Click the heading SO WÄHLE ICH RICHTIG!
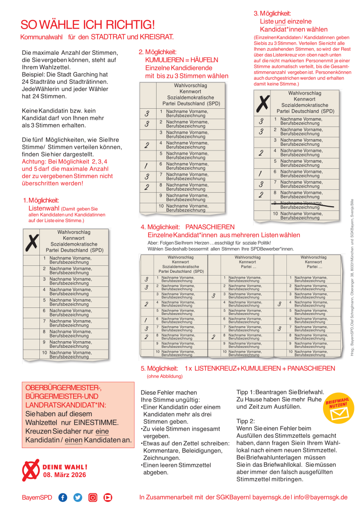pyautogui.click(x=87, y=24)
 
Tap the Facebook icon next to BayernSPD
pyautogui.click(x=63, y=497)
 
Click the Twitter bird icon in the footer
pyautogui.click(x=78, y=497)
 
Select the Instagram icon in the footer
pyautogui.click(x=93, y=497)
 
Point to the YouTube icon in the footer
pyautogui.click(x=108, y=497)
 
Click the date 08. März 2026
pyautogui.click(x=65, y=474)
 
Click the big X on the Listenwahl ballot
pyautogui.click(x=32, y=242)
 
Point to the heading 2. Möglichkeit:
pyautogui.click(x=157, y=52)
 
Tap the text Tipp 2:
pyautogui.click(x=246, y=421)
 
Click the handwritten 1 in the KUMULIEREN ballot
pyautogui.click(x=147, y=166)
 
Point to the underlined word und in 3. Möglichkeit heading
pyautogui.click(x=280, y=22)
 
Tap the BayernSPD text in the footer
pyautogui.click(x=37, y=497)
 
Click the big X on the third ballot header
pyautogui.click(x=263, y=103)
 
